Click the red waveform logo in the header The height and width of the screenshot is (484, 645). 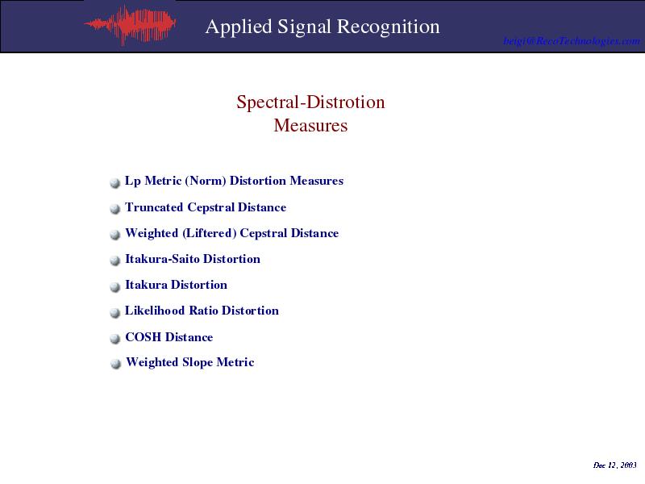(x=131, y=24)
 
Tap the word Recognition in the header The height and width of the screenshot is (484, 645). (x=389, y=27)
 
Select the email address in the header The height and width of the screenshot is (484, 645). (x=572, y=41)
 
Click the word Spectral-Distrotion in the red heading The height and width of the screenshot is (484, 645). (x=310, y=102)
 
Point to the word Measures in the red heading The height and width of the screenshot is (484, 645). (x=310, y=125)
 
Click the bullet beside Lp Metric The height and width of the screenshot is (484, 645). (x=114, y=183)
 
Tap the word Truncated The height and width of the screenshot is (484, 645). (x=154, y=207)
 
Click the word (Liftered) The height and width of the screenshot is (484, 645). (x=210, y=233)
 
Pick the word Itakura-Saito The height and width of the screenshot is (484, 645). (x=163, y=259)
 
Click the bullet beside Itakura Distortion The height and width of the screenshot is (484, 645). (x=114, y=287)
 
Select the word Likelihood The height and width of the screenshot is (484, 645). (x=155, y=311)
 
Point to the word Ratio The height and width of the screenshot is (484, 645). (x=203, y=311)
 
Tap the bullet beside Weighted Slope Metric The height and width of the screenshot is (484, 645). (x=115, y=364)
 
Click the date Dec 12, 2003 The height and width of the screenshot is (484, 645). (x=615, y=465)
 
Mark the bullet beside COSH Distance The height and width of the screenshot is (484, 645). (x=114, y=339)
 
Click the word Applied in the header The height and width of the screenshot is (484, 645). (x=239, y=27)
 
